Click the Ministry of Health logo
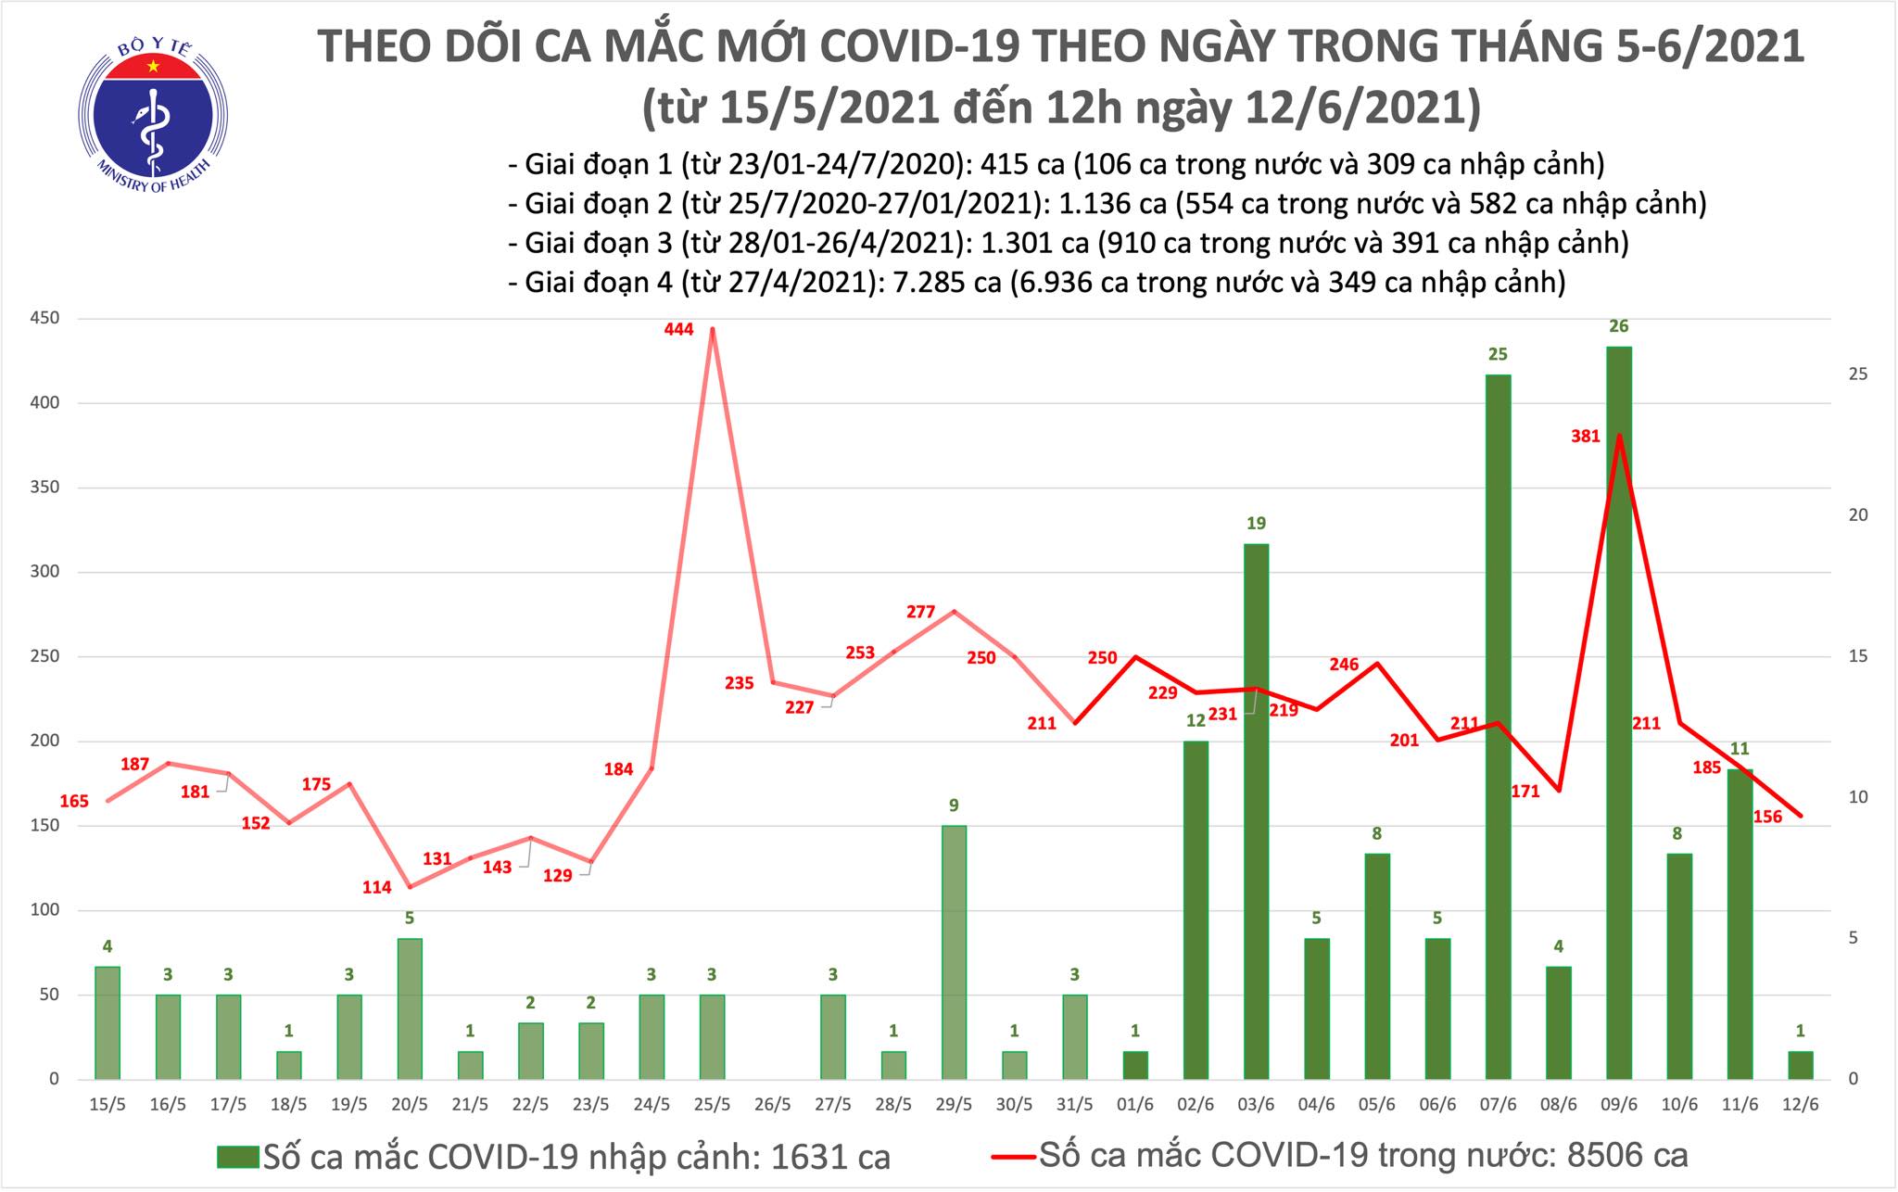pos(153,112)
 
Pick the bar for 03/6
pos(1256,811)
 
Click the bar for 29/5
pos(954,952)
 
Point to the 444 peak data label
pos(679,328)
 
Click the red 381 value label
pos(1586,436)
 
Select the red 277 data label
pos(920,612)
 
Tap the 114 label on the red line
pos(376,887)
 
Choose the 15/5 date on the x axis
pos(108,1106)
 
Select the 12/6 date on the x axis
pos(1801,1106)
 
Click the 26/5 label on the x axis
pos(773,1106)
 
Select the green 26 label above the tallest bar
pos(1619,326)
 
